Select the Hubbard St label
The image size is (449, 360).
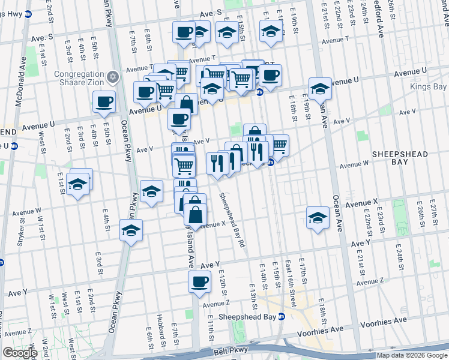(x=160, y=331)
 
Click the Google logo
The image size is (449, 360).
(x=20, y=353)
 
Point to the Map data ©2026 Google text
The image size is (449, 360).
(x=412, y=355)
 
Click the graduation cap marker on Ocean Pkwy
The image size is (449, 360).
(x=131, y=229)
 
